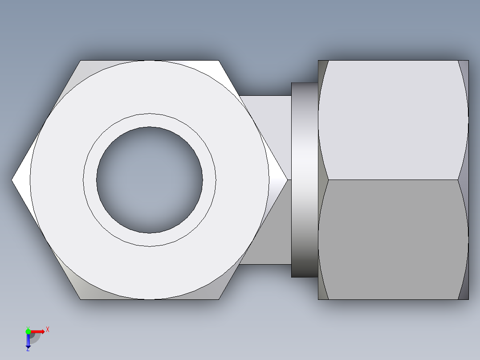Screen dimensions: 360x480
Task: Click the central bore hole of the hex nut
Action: (150, 180)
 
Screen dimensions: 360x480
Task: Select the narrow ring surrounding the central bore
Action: (150, 120)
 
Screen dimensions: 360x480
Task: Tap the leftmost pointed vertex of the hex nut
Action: (13, 180)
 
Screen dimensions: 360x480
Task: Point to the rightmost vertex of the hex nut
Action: (286, 180)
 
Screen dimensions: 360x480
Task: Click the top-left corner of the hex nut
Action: (81, 61)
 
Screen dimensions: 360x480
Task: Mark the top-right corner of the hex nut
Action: (218, 61)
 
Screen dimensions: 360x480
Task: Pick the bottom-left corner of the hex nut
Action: (81, 299)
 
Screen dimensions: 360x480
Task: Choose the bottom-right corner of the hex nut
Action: (218, 299)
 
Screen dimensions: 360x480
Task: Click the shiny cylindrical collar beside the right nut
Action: (305, 180)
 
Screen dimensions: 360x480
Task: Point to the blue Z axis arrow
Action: (28, 340)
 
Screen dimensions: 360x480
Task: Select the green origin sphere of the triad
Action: (28, 331)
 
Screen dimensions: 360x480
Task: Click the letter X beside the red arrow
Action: (47, 330)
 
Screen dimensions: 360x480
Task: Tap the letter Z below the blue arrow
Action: (28, 349)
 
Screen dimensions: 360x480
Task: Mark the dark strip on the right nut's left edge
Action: (322, 180)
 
